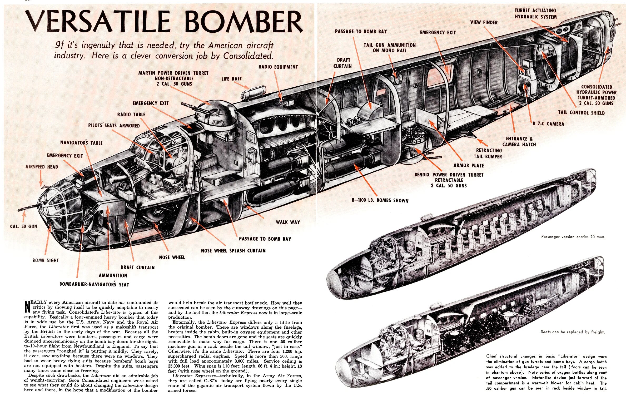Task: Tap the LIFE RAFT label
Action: (x=231, y=79)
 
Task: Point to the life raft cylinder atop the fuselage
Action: (x=253, y=92)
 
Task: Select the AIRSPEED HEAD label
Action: (x=42, y=167)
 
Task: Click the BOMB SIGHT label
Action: (x=46, y=260)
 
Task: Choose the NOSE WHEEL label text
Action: (x=172, y=257)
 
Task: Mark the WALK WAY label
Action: (x=288, y=222)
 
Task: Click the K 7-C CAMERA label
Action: (x=548, y=124)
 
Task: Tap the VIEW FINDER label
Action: (x=484, y=22)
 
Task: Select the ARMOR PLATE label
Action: (x=469, y=165)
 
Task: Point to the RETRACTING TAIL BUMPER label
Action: (x=488, y=153)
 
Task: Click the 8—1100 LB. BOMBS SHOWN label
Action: (x=380, y=200)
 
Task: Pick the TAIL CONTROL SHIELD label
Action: (x=581, y=113)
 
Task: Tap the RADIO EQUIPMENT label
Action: (x=278, y=67)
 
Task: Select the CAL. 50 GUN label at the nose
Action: (x=23, y=226)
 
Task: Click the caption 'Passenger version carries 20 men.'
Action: (x=573, y=237)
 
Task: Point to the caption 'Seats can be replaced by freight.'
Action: (x=573, y=332)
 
